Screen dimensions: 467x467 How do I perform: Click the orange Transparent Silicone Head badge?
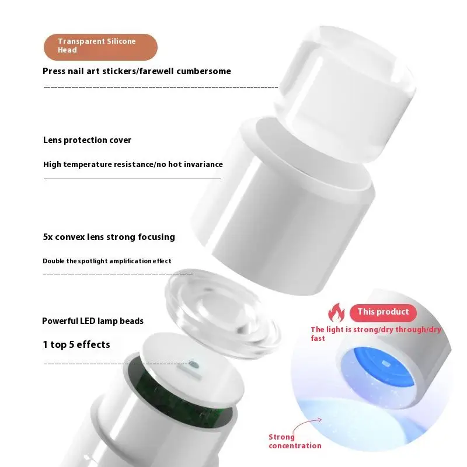[100, 47]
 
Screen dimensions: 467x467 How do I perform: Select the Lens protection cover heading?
[87, 140]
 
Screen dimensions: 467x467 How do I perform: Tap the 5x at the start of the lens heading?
[48, 237]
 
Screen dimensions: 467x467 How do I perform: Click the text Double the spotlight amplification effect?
[107, 261]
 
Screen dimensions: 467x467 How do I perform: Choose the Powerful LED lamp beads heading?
[92, 321]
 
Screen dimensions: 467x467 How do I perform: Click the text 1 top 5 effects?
[76, 344]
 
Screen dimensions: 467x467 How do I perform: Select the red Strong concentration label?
[294, 441]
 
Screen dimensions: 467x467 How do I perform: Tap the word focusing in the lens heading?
[154, 237]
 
